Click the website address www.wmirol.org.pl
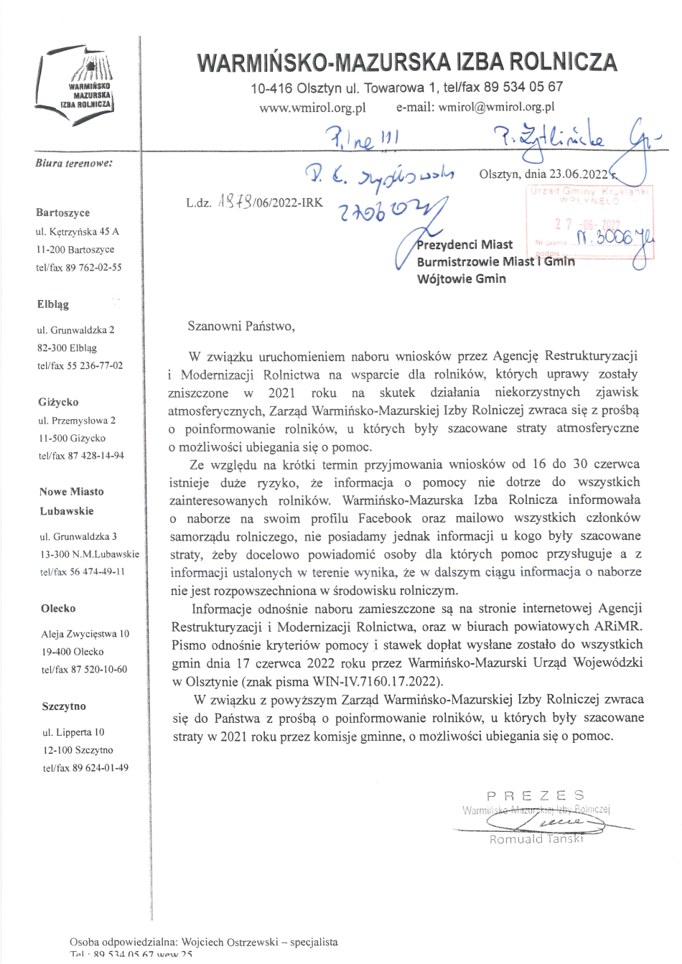point(312,107)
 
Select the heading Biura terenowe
point(73,163)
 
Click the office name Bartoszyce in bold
point(63,212)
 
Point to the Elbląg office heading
point(53,304)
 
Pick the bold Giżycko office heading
point(59,402)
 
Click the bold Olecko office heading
point(59,609)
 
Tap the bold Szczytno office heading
point(64,706)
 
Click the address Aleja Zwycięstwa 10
point(85,633)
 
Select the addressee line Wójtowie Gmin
point(461,279)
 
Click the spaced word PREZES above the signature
point(535,795)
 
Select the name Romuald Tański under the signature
point(536,839)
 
